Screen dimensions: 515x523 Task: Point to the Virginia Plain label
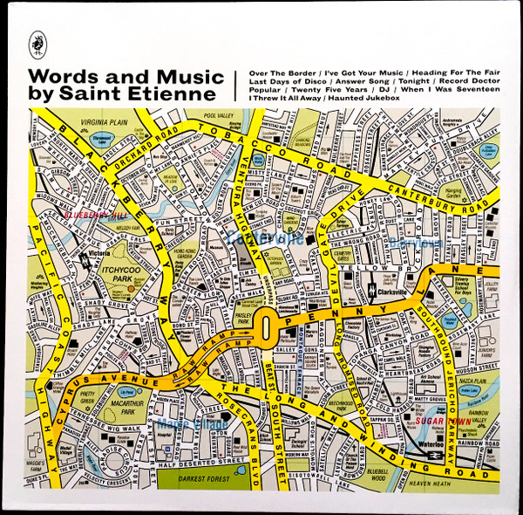pyautogui.click(x=104, y=123)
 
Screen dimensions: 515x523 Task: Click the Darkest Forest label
pyautogui.click(x=207, y=478)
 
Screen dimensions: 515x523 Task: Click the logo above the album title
pyautogui.click(x=38, y=38)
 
